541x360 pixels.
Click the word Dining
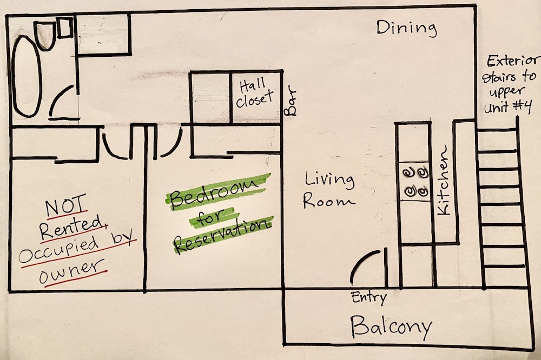coord(406,28)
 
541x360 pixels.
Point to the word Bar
coord(290,102)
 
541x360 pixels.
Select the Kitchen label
coord(444,181)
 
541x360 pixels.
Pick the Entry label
coord(369,298)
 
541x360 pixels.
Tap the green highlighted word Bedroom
coord(217,192)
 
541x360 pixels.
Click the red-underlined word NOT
coord(65,205)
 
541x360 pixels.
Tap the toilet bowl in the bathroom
coord(45,35)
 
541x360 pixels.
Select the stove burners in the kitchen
coord(415,181)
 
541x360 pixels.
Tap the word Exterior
coord(512,61)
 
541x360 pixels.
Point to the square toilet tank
coord(64,28)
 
